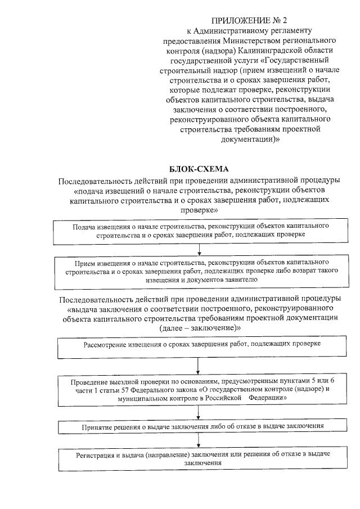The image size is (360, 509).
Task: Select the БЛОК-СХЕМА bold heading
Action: pyautogui.click(x=199, y=168)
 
